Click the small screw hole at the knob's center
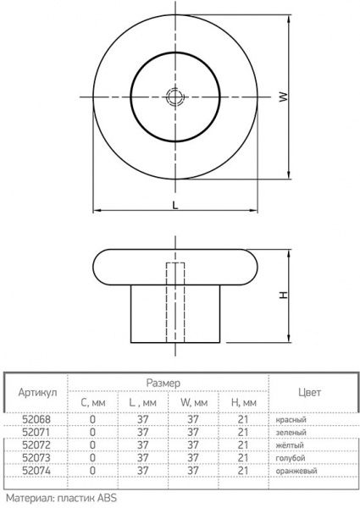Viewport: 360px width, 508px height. coord(174,97)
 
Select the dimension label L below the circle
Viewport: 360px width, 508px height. coord(174,204)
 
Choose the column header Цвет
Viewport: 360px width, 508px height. coord(309,392)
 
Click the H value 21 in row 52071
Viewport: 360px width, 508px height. coord(242,432)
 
